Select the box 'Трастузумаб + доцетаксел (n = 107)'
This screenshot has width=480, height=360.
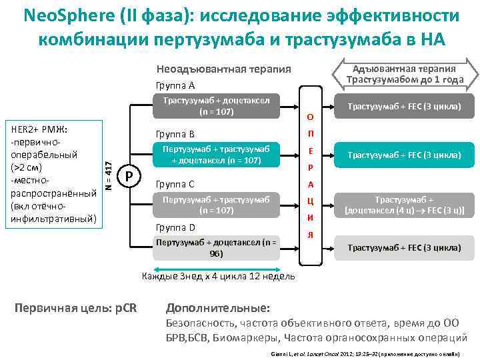click(215, 106)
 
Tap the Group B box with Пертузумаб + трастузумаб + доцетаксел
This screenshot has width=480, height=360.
click(215, 155)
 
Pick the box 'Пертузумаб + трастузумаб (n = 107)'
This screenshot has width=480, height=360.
click(215, 205)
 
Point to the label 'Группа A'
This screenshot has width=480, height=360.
click(175, 85)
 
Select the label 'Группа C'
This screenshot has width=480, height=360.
click(175, 183)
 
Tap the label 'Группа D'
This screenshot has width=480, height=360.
click(175, 227)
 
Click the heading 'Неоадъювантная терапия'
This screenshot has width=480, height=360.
click(223, 69)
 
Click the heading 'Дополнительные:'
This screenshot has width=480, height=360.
click(218, 308)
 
